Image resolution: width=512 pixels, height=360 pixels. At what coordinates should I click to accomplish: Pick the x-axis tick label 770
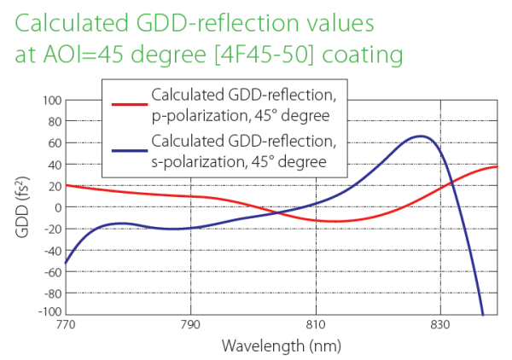(66, 326)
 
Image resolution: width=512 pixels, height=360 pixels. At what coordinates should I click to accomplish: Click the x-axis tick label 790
(190, 326)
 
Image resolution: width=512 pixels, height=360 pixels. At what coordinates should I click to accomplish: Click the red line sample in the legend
(127, 104)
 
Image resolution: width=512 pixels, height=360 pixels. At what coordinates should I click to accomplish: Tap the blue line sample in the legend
(127, 151)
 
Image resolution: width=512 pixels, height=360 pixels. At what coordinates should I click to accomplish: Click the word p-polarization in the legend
(198, 115)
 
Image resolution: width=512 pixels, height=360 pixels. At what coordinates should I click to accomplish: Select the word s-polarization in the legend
(198, 162)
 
